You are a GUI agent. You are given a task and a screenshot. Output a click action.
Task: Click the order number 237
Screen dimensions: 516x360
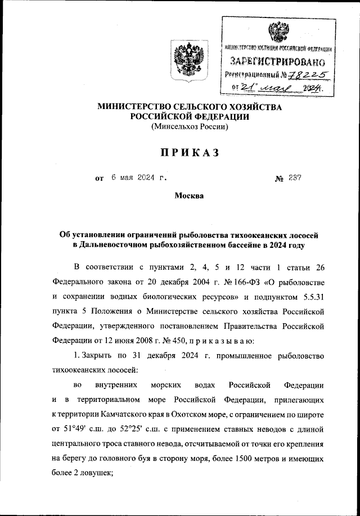click(295, 178)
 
